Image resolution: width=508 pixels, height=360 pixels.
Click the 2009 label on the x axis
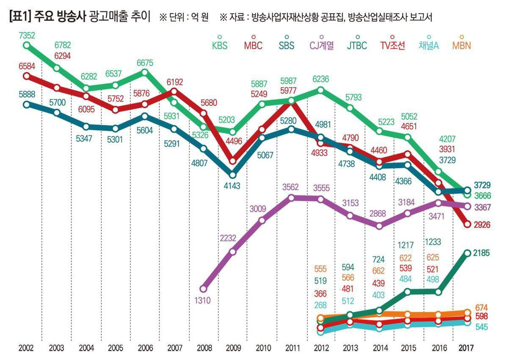click(x=233, y=348)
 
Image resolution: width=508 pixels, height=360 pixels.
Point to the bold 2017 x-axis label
click(x=467, y=348)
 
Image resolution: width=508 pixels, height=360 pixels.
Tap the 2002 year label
click(x=27, y=348)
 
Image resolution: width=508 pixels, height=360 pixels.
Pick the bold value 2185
click(x=481, y=253)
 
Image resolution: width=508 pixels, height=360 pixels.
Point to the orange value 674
click(x=482, y=307)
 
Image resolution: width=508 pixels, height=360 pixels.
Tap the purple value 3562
click(x=292, y=187)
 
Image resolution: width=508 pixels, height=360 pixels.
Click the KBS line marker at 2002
click(x=27, y=45)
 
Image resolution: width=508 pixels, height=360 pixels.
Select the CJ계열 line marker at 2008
click(x=204, y=289)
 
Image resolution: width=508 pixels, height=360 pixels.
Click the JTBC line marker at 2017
click(x=467, y=253)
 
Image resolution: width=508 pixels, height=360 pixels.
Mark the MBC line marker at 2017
click(x=467, y=224)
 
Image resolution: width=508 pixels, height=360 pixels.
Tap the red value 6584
click(x=27, y=66)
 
